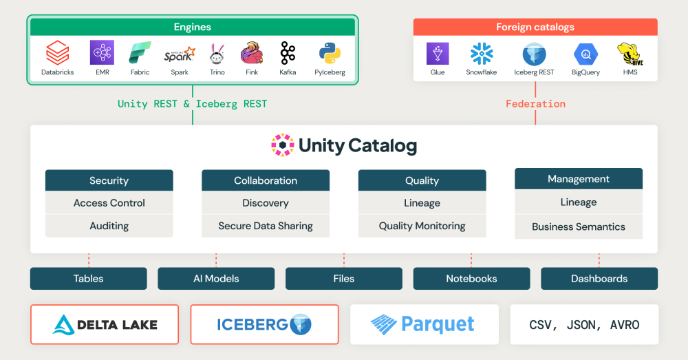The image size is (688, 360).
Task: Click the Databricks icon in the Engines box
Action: coord(57,53)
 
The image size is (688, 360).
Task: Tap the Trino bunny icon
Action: coord(217,53)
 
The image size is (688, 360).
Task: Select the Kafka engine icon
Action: coord(288,53)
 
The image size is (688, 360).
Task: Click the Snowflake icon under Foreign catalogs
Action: coord(482,54)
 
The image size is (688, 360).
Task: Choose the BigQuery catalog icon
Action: coord(586,54)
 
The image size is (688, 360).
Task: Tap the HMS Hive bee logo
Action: coord(629,54)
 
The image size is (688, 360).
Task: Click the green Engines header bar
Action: coord(192,28)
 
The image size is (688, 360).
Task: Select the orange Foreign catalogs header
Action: coord(535,28)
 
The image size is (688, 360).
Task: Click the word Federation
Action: coord(535,104)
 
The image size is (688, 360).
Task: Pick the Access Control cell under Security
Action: coord(109,203)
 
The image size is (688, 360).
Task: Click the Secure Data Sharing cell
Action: coord(266,226)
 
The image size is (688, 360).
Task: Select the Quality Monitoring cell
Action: coord(422,226)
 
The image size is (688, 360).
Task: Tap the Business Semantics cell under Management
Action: coord(579,226)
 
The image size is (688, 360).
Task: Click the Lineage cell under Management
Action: coord(579,202)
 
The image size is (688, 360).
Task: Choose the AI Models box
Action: coord(216,279)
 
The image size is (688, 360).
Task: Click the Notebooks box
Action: coord(471,279)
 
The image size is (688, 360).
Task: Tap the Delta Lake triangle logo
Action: coord(64,324)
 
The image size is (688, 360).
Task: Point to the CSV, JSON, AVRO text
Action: coord(584,325)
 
